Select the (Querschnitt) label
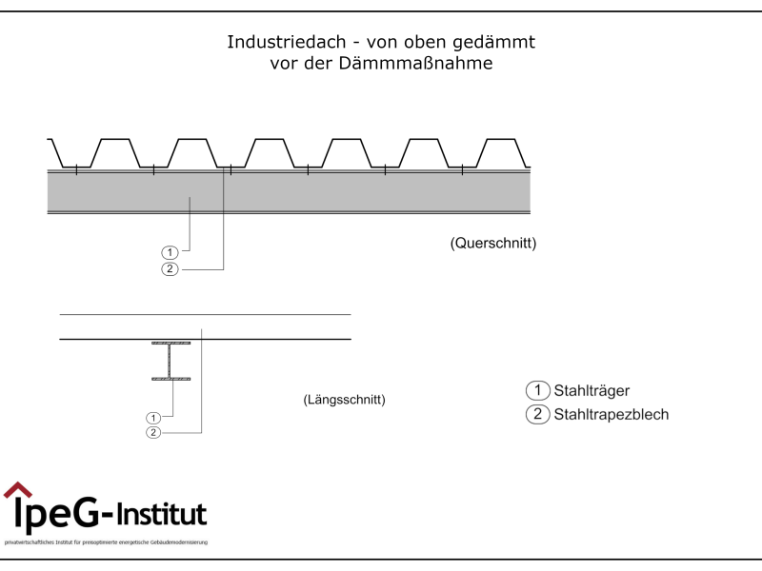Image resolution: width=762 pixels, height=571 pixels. click(x=492, y=244)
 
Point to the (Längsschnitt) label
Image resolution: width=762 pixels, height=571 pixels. click(x=344, y=400)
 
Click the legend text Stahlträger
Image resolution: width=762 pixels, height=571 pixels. click(x=592, y=390)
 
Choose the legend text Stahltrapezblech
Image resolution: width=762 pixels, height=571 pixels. click(x=611, y=415)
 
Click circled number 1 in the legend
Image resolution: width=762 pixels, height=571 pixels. click(x=538, y=390)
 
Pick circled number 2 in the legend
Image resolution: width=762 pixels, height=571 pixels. click(x=538, y=415)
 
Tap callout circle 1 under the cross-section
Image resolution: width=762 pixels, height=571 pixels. click(x=170, y=252)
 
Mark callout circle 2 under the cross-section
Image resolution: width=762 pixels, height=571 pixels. click(x=170, y=269)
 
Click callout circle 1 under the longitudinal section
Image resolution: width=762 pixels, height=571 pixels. click(x=152, y=417)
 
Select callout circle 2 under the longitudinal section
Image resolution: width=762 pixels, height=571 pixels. click(x=152, y=433)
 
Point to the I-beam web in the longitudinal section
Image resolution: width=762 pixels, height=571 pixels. click(x=170, y=361)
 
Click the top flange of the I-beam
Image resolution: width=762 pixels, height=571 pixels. click(x=170, y=343)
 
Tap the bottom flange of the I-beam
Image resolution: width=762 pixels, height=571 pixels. click(x=170, y=379)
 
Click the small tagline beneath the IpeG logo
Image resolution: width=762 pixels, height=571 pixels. click(x=106, y=542)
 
